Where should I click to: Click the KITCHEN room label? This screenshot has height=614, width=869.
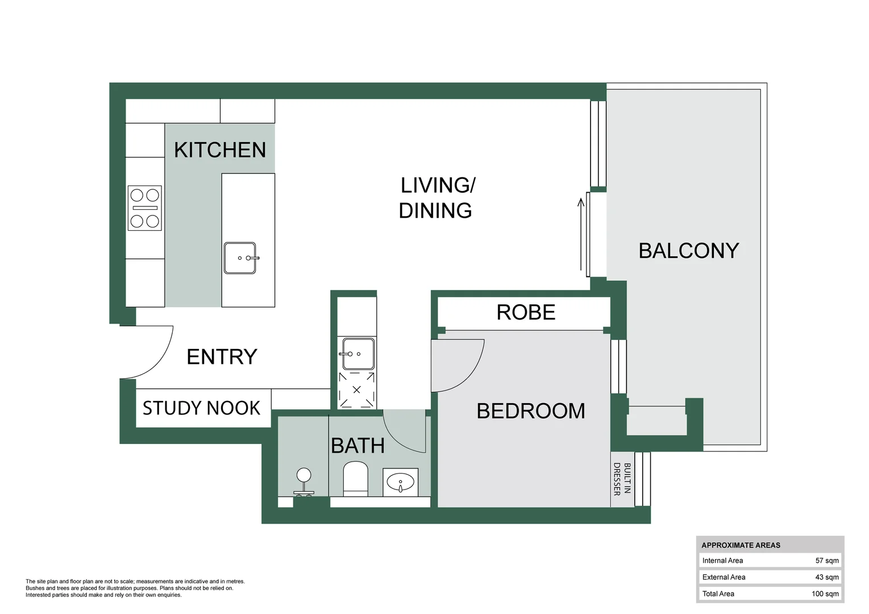pyautogui.click(x=220, y=150)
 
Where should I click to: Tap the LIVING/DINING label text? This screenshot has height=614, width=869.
pyautogui.click(x=436, y=198)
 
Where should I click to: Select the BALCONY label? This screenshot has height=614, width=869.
pyautogui.click(x=688, y=251)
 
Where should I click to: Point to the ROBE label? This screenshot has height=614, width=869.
pyautogui.click(x=526, y=312)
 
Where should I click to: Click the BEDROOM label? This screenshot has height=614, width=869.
pyautogui.click(x=531, y=411)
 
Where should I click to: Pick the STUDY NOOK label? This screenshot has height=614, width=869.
pyautogui.click(x=201, y=408)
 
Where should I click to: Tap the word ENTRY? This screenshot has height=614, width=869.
pyautogui.click(x=222, y=357)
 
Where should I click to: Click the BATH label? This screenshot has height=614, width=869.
pyautogui.click(x=357, y=446)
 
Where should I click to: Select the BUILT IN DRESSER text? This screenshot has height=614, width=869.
pyautogui.click(x=622, y=479)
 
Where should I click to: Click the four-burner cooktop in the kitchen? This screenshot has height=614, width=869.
pyautogui.click(x=145, y=208)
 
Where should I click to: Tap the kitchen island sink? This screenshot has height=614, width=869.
pyautogui.click(x=240, y=258)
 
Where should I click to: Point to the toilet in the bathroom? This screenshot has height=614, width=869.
pyautogui.click(x=356, y=478)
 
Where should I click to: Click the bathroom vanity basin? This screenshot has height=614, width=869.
pyautogui.click(x=401, y=483)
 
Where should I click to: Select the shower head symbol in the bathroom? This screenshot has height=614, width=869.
pyautogui.click(x=304, y=480)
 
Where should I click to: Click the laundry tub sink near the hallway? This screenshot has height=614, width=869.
pyautogui.click(x=358, y=354)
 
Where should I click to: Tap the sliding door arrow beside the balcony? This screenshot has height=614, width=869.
pyautogui.click(x=581, y=234)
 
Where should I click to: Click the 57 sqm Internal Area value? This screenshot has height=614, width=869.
pyautogui.click(x=826, y=561)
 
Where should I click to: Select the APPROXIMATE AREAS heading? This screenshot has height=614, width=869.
pyautogui.click(x=741, y=545)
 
